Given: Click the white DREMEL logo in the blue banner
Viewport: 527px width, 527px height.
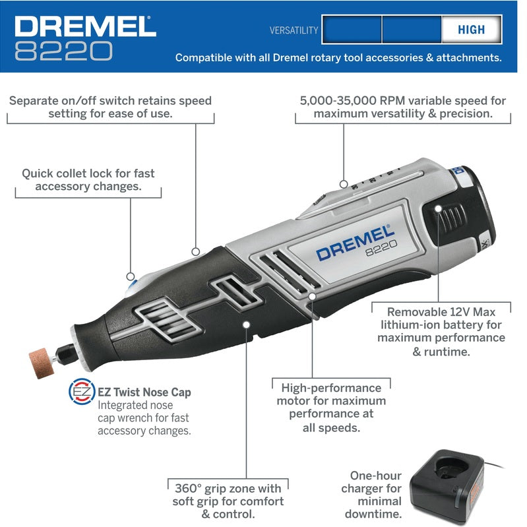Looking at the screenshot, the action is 85,26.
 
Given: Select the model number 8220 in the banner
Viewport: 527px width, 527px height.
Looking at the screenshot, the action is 63,51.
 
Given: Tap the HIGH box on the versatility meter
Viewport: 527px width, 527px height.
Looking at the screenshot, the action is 471,30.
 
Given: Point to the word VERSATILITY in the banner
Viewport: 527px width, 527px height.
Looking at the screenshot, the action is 294,30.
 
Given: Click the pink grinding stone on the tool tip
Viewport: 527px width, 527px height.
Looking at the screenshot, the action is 42,363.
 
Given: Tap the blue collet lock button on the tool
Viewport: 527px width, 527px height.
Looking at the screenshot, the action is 132,288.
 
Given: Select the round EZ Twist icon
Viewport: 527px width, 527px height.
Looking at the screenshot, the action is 82,391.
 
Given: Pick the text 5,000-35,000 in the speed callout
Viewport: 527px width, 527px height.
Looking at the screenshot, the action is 338,100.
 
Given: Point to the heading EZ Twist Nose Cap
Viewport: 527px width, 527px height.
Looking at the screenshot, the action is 144,392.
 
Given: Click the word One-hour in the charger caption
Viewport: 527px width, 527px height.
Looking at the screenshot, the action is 376,476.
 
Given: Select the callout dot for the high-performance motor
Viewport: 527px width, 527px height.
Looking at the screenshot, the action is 312,296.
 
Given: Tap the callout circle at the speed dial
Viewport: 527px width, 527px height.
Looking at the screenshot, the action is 344,184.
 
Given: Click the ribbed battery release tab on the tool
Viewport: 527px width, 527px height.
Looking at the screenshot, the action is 447,218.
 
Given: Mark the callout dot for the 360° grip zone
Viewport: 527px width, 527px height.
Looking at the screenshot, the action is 247,325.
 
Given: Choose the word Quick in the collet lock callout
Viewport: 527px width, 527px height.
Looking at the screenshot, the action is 38,173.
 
